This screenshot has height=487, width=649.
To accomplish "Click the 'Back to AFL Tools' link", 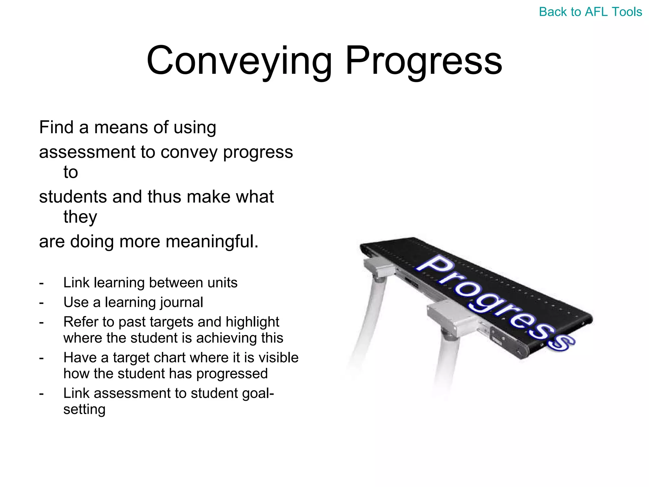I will click(x=590, y=12).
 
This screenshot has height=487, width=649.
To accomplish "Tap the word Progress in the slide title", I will click(x=423, y=61).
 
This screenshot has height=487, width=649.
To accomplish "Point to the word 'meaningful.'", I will click(x=212, y=242).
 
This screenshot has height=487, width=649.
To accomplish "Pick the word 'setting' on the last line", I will click(x=84, y=409).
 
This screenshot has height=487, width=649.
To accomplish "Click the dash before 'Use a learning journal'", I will click(x=42, y=302).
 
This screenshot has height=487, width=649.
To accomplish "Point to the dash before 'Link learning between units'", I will click(x=42, y=283).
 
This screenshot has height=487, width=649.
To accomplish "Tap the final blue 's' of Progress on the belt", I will click(x=562, y=342).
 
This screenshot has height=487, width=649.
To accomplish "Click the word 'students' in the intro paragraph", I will click(x=73, y=197).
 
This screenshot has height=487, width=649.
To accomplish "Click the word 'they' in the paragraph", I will click(x=80, y=217).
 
